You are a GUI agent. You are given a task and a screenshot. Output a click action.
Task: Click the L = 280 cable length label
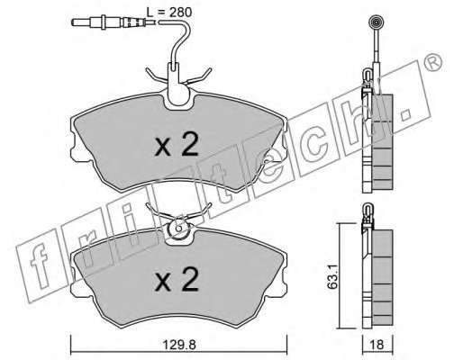(x=169, y=13)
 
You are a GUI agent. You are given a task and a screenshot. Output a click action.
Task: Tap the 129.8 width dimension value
(x=179, y=345)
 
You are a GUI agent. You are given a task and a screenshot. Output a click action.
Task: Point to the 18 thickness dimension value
(x=377, y=345)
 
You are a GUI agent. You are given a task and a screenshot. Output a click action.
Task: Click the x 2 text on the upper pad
(x=177, y=145)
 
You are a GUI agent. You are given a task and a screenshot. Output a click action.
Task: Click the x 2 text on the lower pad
(x=177, y=279)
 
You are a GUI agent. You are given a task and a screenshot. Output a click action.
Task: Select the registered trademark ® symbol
(x=433, y=63)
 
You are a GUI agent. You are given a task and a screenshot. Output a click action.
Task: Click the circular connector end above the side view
(x=376, y=22)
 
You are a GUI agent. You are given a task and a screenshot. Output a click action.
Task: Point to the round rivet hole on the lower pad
(x=179, y=229)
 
